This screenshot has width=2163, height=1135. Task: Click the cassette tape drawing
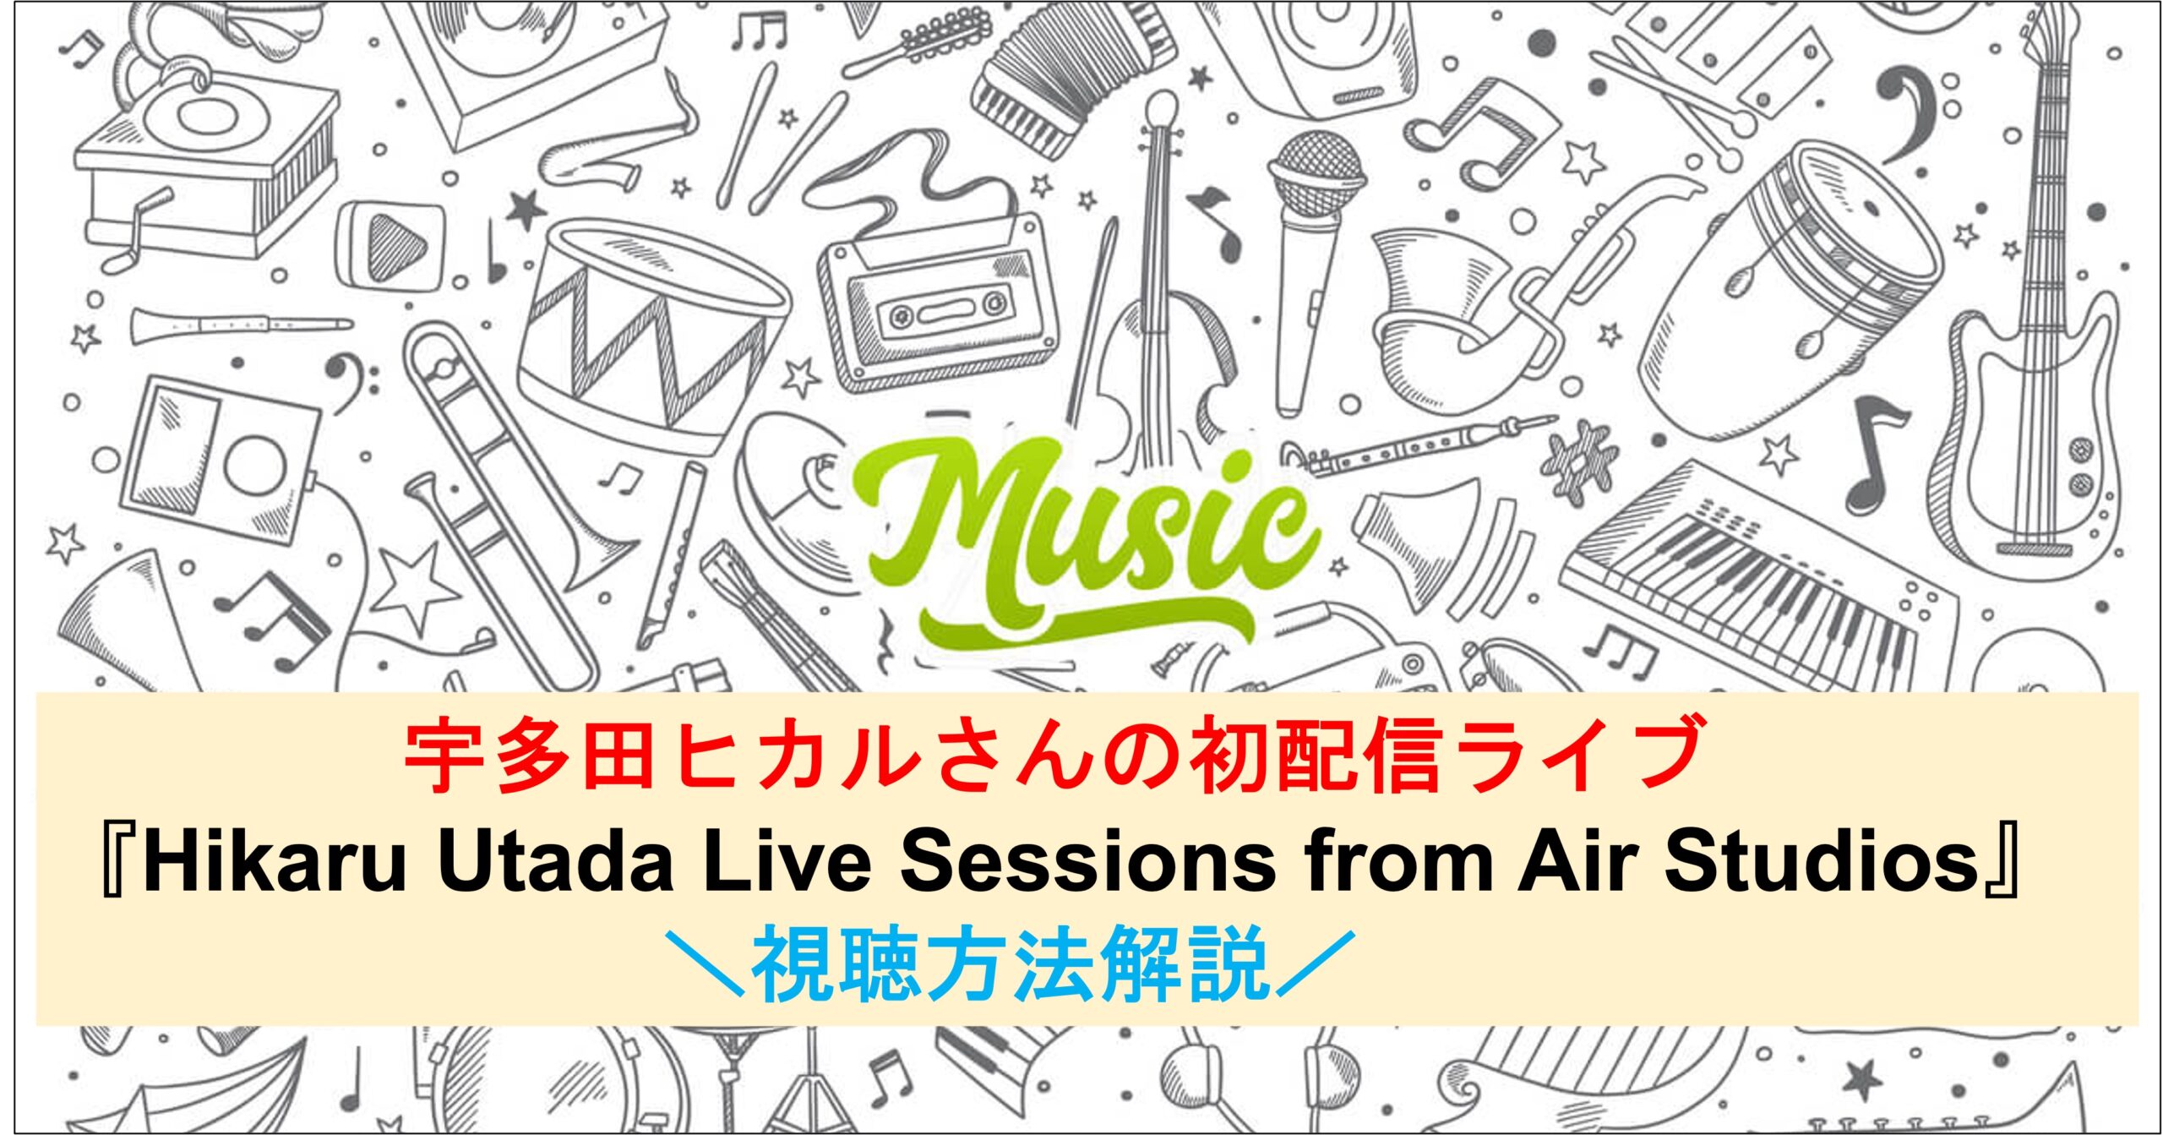(938, 300)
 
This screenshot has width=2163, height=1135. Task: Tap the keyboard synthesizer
(1757, 583)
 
